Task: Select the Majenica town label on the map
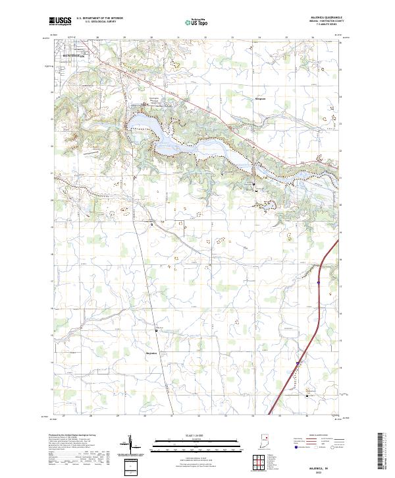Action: click(x=153, y=353)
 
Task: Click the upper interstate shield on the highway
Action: click(x=318, y=282)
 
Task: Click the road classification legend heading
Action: click(x=316, y=436)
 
